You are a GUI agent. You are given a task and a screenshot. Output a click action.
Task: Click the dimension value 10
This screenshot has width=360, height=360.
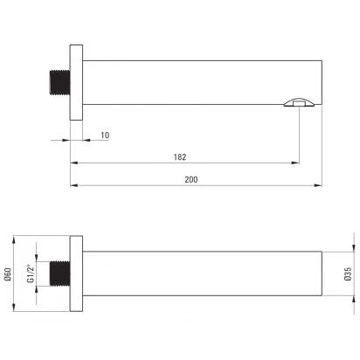[105, 135]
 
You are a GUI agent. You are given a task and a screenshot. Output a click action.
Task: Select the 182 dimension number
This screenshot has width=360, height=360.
[180, 157]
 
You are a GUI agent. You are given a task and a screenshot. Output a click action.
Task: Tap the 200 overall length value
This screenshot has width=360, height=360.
[191, 179]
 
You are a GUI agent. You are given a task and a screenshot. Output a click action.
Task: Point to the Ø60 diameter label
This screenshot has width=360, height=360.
[8, 274]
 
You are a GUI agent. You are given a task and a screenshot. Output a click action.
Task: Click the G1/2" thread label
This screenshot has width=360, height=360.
[31, 273]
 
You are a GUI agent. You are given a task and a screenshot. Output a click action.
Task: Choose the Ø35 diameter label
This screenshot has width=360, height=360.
[348, 273]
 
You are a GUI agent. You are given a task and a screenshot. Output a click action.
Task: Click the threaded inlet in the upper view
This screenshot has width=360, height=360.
[60, 82]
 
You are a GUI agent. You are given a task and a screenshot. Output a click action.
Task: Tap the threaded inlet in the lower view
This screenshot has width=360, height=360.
[60, 273]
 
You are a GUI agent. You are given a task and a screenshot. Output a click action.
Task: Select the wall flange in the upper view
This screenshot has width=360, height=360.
[76, 82]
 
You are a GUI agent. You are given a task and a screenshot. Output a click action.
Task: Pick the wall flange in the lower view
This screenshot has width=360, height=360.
[76, 273]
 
